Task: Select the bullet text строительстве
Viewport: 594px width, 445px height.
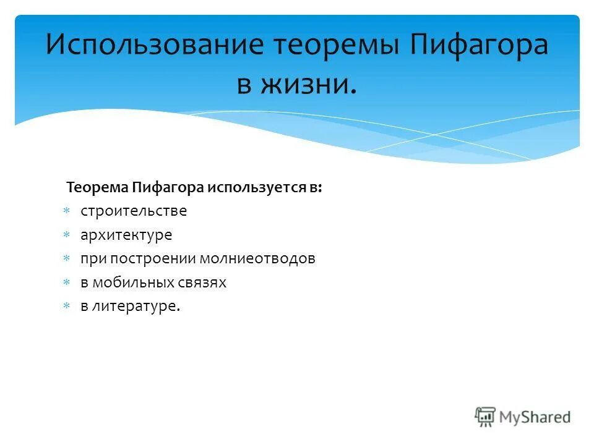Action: tap(134, 211)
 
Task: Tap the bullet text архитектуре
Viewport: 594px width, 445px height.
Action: tap(126, 235)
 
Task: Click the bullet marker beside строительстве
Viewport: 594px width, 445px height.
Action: tap(66, 211)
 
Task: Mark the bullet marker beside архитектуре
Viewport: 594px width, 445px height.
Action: tap(66, 235)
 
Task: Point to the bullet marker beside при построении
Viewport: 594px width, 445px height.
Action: tap(66, 259)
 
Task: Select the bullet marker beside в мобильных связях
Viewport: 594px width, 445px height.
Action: tap(66, 283)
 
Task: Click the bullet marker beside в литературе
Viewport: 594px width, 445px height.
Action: tap(66, 307)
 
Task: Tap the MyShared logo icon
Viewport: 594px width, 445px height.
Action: tap(486, 417)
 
